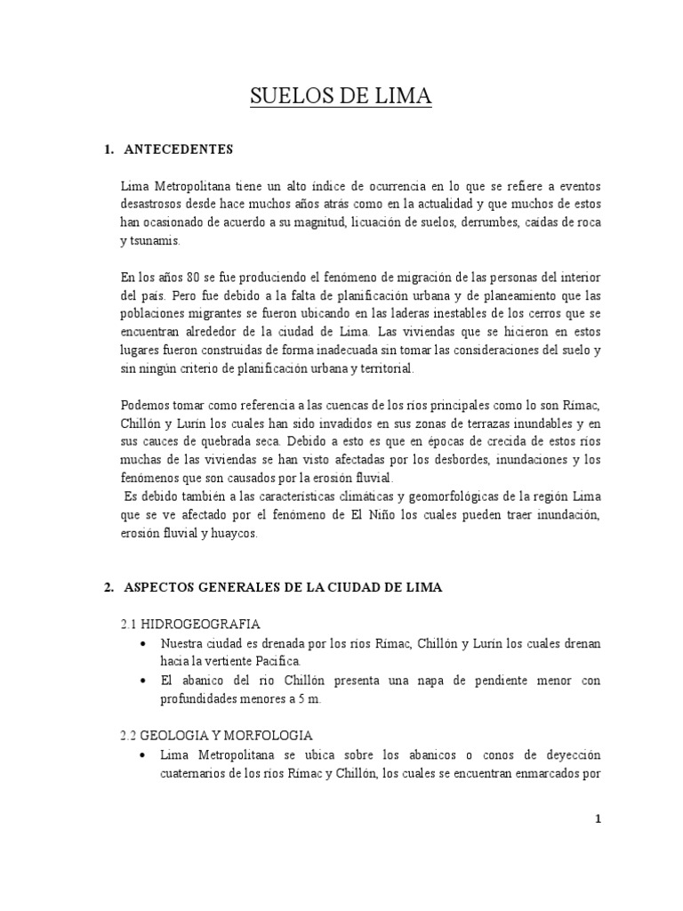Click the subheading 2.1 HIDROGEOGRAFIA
189,624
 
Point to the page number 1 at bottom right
599,821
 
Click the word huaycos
235,534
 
